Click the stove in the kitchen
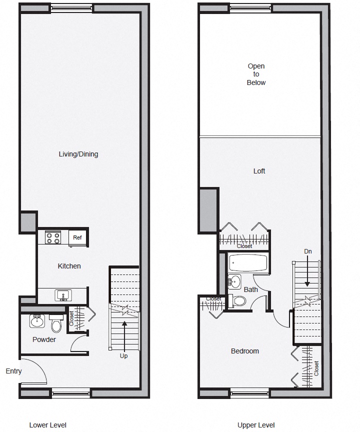tap(53, 237)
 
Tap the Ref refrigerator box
tap(77, 238)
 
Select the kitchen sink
tap(63, 294)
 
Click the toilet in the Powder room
tap(56, 325)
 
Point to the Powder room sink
tap(36, 321)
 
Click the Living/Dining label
tap(78, 154)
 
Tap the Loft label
tap(259, 171)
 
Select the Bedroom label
tap(244, 351)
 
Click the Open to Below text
tap(256, 74)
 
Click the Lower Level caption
tap(48, 425)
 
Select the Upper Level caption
tap(255, 425)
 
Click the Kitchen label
tap(69, 266)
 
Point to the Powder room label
tap(44, 339)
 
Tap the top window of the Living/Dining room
tap(71, 8)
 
